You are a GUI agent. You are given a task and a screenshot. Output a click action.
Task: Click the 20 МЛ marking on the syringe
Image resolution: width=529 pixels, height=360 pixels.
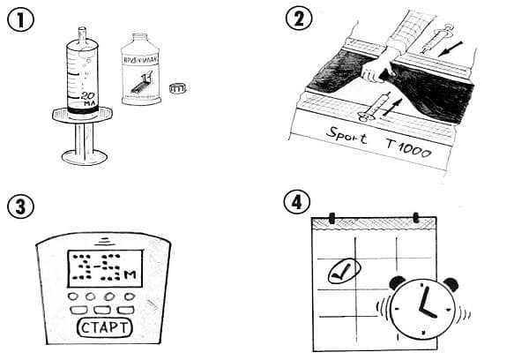click(87, 99)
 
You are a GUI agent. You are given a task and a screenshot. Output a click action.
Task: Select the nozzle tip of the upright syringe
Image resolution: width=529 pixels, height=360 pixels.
click(85, 34)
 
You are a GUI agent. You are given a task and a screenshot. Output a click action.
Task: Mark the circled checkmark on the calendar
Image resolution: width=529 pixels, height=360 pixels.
click(339, 272)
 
